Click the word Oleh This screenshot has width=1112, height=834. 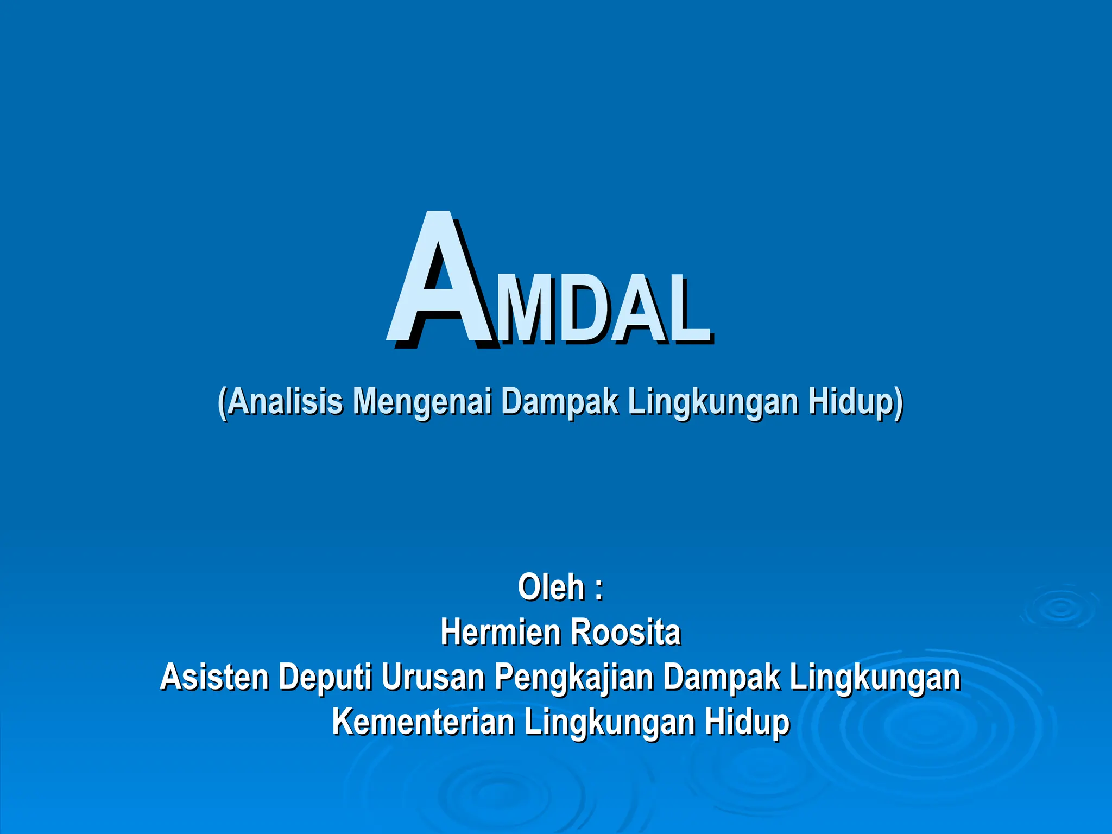551,587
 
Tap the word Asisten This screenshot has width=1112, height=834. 214,678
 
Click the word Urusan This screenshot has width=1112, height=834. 432,678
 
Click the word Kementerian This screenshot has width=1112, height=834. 423,722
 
